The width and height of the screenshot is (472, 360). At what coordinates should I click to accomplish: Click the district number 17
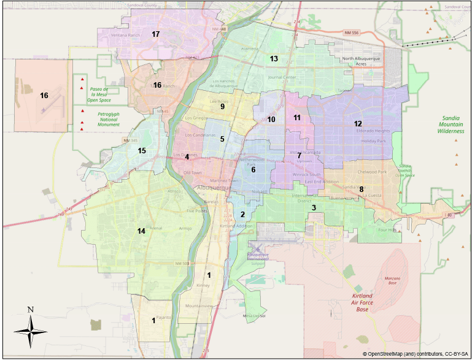tap(156, 34)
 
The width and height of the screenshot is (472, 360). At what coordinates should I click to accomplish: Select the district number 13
tap(274, 59)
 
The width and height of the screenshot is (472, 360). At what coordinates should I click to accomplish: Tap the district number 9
tap(223, 107)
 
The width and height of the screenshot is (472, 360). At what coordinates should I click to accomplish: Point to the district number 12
tap(358, 123)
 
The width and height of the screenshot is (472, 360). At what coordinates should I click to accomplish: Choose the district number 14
tap(141, 231)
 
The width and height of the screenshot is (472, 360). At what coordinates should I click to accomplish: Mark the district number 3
tap(314, 208)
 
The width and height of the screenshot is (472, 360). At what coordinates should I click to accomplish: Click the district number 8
tap(362, 189)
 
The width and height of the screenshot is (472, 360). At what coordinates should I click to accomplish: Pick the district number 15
tap(142, 150)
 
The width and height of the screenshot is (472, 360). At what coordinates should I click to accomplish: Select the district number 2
tap(242, 214)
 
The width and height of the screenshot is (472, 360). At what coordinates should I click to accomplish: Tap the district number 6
tap(253, 169)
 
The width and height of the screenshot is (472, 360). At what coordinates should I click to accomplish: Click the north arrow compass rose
tap(31, 330)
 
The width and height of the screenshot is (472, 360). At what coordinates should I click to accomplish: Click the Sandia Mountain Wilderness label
tap(455, 124)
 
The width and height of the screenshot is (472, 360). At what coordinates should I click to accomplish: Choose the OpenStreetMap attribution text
tap(415, 354)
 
